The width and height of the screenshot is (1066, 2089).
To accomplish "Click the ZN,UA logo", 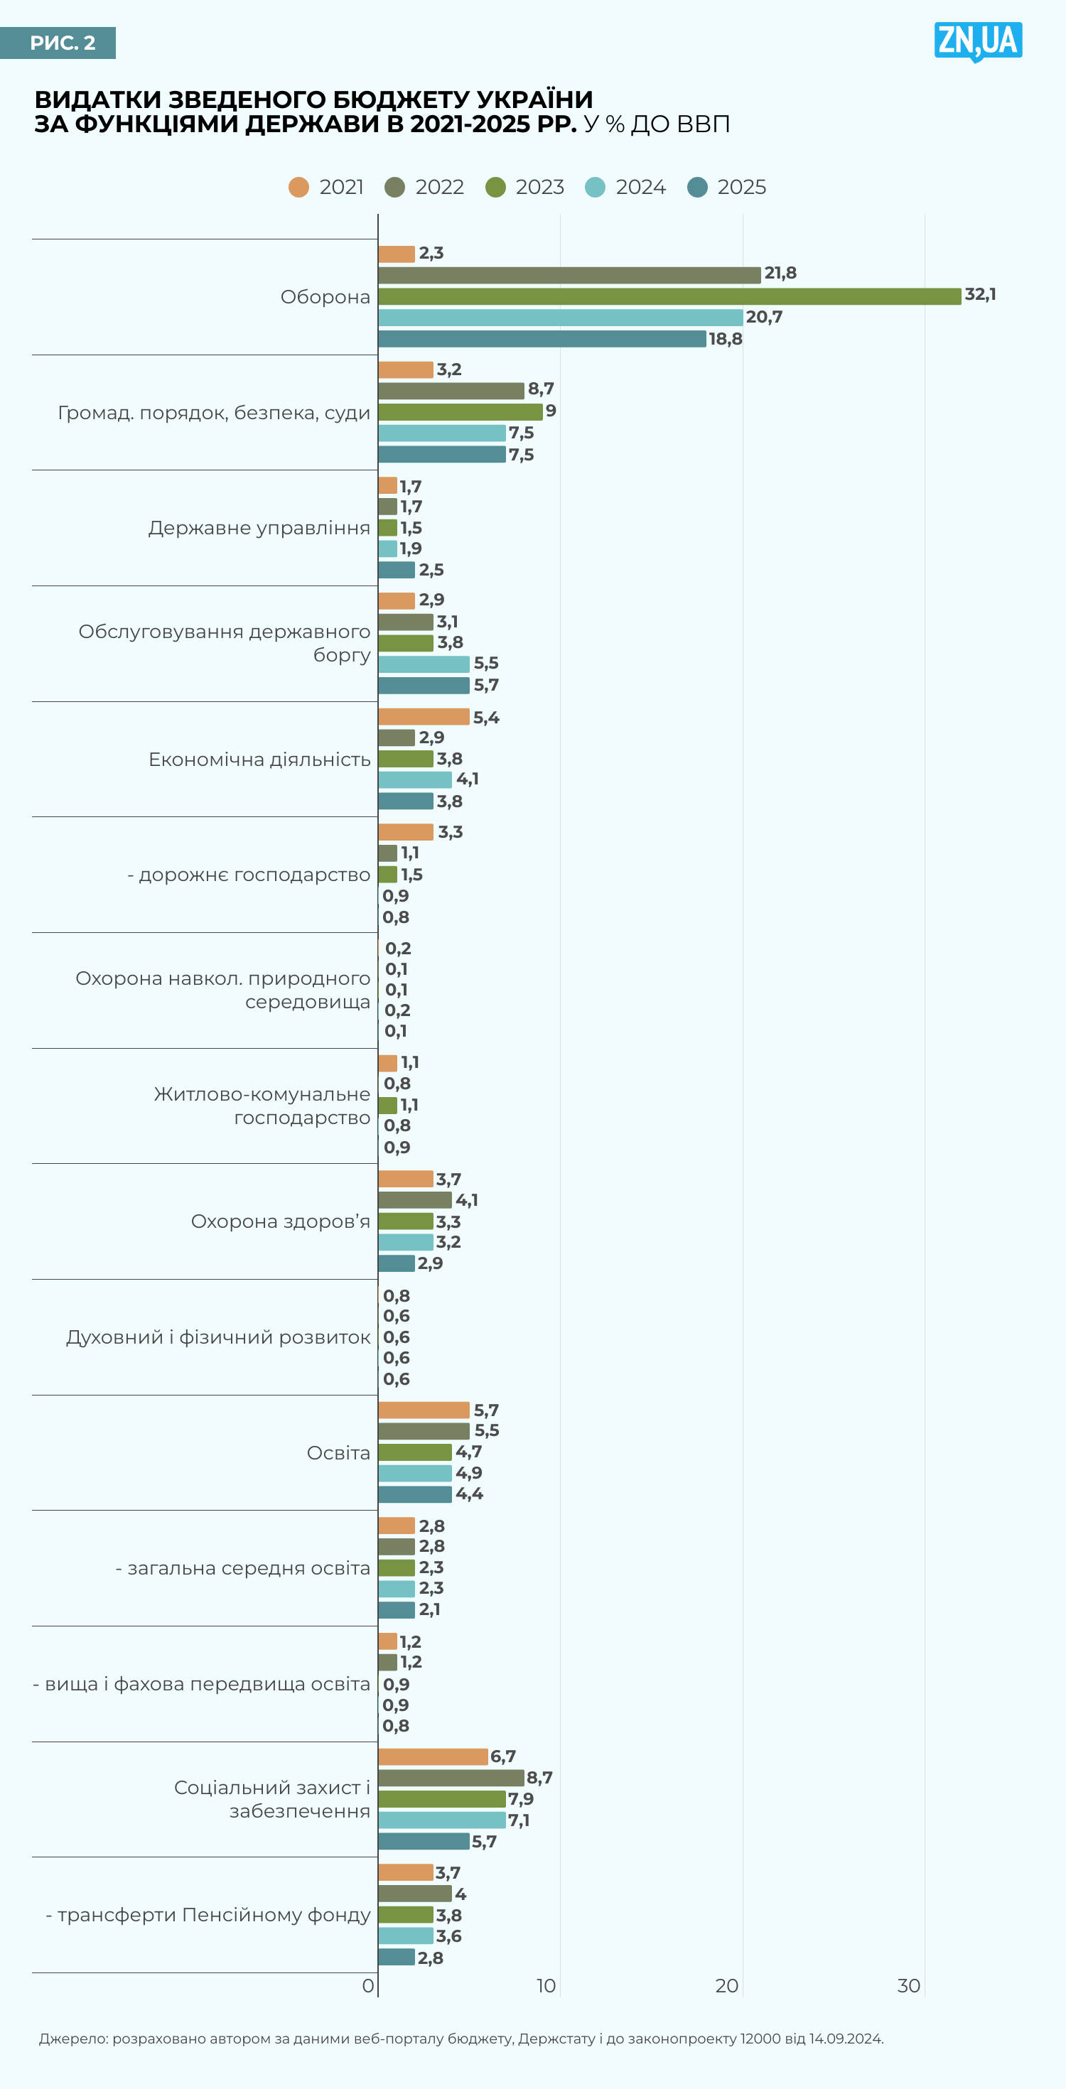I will pos(978,41).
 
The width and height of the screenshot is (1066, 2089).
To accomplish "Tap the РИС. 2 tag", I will pos(58,43).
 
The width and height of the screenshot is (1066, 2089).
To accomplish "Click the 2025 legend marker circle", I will pos(697,188).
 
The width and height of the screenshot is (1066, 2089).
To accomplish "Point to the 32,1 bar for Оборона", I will pos(669,296).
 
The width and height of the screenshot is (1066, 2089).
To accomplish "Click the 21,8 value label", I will pos(780,274).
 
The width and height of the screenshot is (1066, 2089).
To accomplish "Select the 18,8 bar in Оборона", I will pos(542,339).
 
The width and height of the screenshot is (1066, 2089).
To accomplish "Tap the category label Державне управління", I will pos(259,528).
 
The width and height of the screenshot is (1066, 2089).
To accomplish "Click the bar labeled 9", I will pos(460,412).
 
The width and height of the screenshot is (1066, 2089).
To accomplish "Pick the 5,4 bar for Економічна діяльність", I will pos(424,717).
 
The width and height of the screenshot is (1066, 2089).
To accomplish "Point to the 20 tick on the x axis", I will pos(726,1986).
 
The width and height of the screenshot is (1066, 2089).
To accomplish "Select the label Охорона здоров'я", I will pos(280,1221).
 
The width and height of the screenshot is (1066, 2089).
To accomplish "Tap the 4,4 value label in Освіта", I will pos(469,1494).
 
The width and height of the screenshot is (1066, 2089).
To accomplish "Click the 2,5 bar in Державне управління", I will pos(397,570).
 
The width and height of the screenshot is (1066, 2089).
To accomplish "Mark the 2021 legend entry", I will pos(326,188).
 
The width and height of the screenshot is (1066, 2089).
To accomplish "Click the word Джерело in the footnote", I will pos(73,2039).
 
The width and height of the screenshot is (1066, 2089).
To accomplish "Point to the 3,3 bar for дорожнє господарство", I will pos(406,832).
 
